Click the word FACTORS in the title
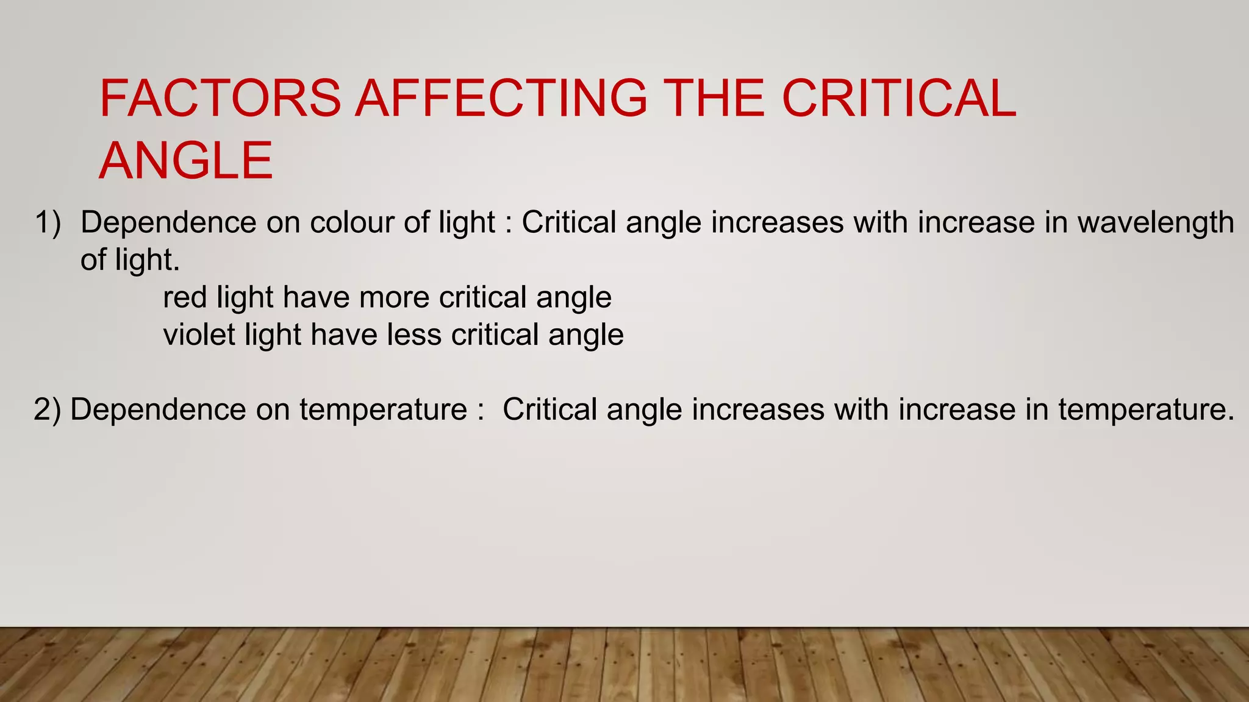pos(220,98)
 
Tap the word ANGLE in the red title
pos(186,160)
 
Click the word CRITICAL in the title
pos(899,98)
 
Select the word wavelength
pos(1156,222)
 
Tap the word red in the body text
pos(185,298)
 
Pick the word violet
pos(199,335)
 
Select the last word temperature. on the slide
pos(1146,409)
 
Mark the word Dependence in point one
pos(168,222)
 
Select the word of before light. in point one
pos(93,260)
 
